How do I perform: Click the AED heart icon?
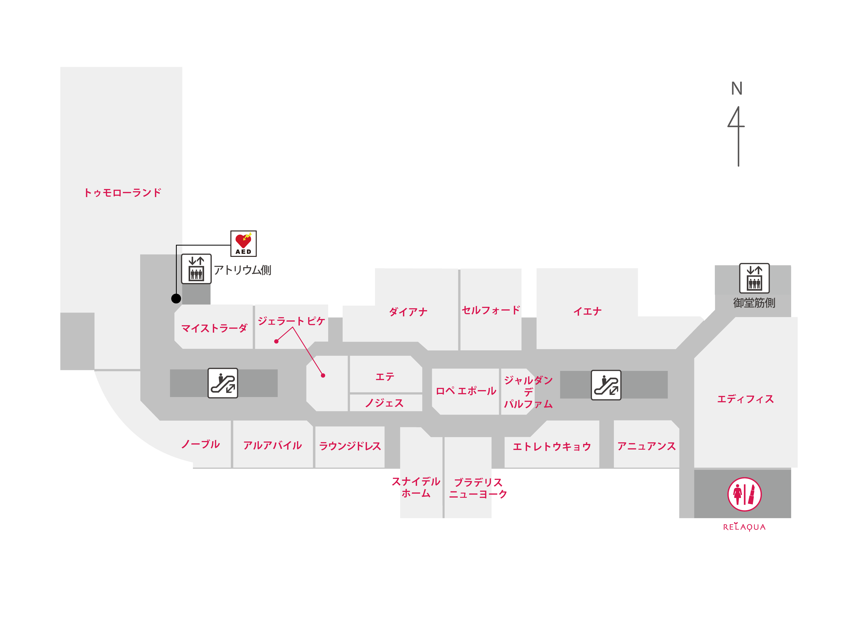click(x=243, y=243)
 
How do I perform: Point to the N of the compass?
click(x=737, y=89)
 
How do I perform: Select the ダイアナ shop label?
click(x=408, y=312)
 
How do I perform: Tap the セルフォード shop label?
click(x=491, y=310)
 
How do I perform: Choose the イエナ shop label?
click(x=587, y=311)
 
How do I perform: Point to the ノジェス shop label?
click(x=384, y=403)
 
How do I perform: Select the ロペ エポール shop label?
click(x=466, y=391)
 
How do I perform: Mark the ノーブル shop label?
click(x=200, y=444)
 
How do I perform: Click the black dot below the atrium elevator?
click(x=176, y=298)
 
